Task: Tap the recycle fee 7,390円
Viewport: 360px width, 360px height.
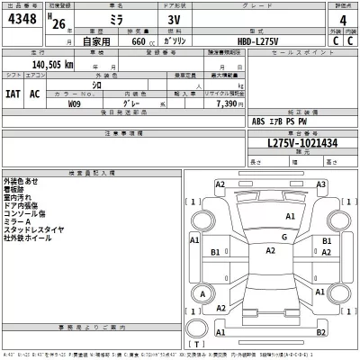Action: [206, 104]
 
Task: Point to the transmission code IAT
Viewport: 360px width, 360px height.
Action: [13, 94]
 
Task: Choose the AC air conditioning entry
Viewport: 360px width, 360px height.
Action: [35, 94]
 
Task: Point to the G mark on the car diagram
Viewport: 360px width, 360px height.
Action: [284, 237]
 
